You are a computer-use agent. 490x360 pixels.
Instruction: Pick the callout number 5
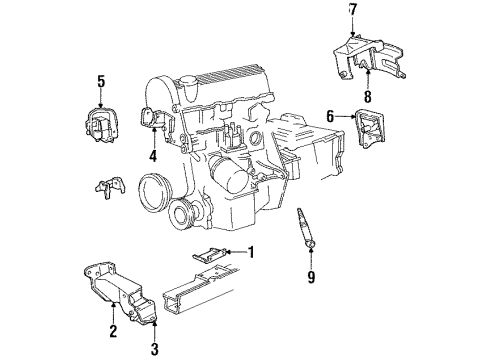pos(100,81)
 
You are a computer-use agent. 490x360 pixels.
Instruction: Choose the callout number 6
pos(328,117)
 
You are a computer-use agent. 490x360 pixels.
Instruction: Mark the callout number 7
pos(351,11)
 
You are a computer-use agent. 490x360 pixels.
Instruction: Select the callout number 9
pos(311,277)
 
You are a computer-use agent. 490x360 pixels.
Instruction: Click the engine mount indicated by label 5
pos(103,121)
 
